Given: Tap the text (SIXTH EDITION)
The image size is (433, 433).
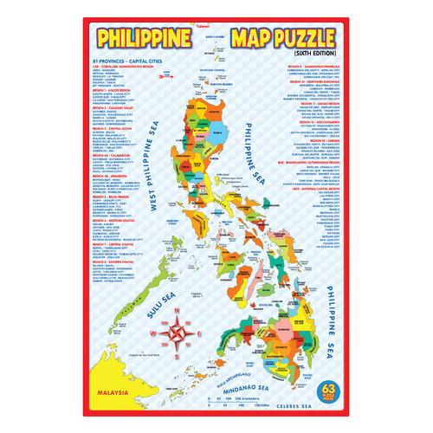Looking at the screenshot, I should (311, 55).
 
